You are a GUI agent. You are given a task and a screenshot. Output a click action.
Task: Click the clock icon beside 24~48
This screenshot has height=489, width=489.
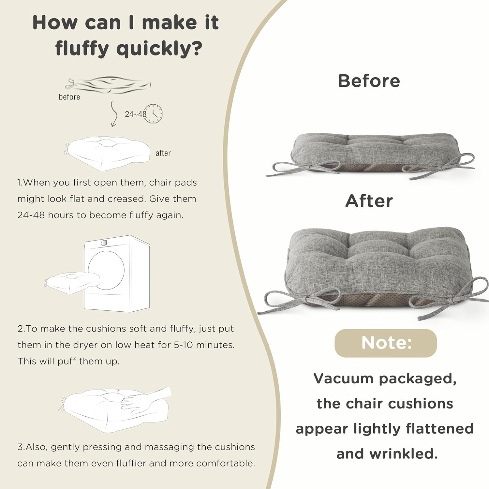[x=153, y=114]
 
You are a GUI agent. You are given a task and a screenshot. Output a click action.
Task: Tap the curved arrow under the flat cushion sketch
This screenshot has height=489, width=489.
[x=114, y=114]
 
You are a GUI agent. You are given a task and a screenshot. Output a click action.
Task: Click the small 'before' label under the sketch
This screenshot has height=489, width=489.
[x=69, y=97]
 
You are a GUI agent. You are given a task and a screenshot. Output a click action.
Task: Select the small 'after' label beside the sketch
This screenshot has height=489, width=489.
[x=163, y=153]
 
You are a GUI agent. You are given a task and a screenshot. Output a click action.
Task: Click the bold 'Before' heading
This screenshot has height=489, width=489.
[x=369, y=81]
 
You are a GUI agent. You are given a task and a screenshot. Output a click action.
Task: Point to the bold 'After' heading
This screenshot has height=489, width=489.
[x=369, y=201]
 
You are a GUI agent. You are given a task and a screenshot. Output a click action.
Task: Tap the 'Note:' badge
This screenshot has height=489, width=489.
[x=386, y=343]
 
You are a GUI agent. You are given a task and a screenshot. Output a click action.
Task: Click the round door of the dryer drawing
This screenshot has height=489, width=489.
[x=106, y=269]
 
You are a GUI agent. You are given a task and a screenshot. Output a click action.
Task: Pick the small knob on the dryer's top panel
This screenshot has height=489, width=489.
[x=104, y=243]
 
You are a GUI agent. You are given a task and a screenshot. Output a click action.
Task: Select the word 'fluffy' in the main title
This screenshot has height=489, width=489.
[x=81, y=49]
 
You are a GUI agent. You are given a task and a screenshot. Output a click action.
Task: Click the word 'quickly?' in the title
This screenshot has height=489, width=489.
[x=159, y=49]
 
